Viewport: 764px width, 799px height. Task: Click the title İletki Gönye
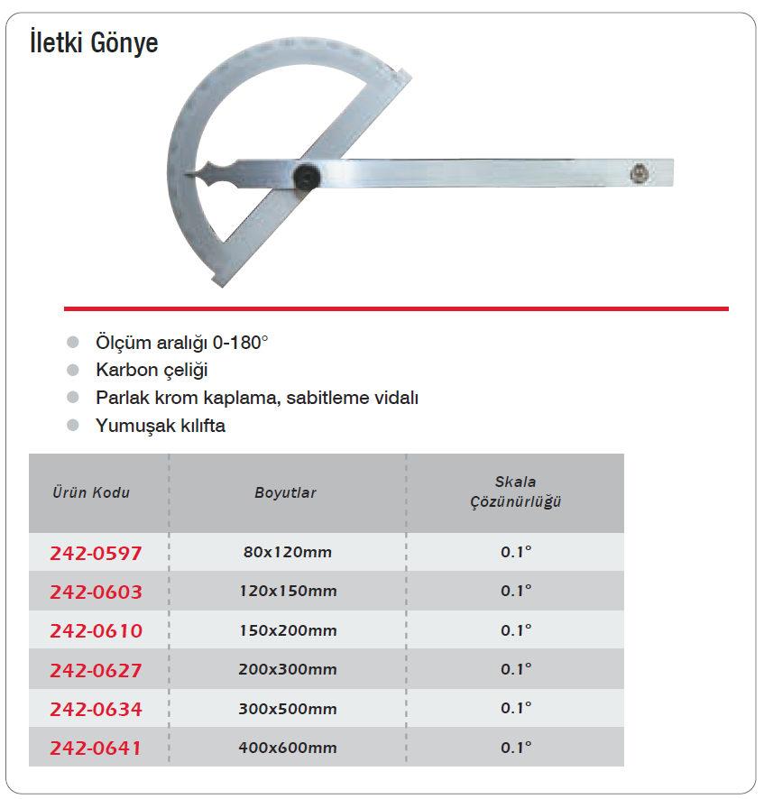(94, 42)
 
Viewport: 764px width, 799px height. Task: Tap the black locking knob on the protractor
(306, 177)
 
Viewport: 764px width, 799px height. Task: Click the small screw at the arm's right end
(640, 171)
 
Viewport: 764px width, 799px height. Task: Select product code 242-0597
(97, 552)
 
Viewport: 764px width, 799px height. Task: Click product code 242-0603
(97, 592)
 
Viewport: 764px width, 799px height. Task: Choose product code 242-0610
(97, 630)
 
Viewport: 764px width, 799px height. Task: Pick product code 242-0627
(97, 670)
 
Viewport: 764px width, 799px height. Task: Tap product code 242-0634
(97, 709)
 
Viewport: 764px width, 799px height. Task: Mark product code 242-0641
(97, 748)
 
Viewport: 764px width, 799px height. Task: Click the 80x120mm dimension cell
(287, 552)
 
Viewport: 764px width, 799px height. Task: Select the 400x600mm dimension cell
(287, 748)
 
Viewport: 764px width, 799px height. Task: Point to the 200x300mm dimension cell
(287, 670)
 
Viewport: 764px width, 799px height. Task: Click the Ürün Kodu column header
(91, 492)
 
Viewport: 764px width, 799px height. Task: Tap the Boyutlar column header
(285, 493)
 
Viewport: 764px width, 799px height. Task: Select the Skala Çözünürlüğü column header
(515, 492)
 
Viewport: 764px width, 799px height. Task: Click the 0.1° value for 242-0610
(516, 630)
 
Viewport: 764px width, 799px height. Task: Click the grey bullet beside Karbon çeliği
(73, 370)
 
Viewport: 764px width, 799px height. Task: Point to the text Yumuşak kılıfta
(161, 426)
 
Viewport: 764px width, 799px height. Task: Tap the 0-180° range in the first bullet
(241, 343)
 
